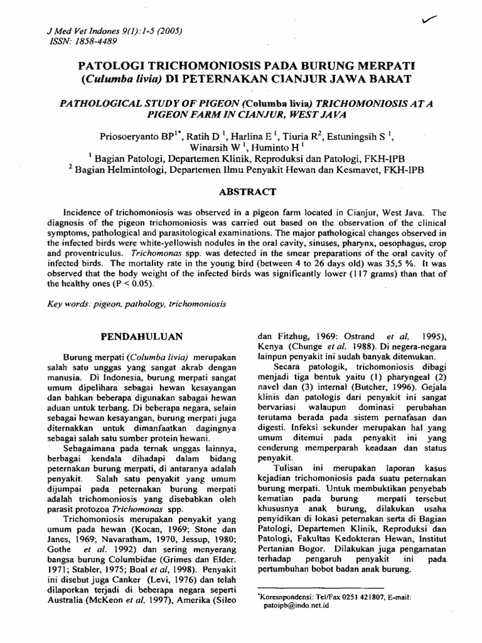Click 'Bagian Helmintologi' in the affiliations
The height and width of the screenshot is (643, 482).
click(x=117, y=170)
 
